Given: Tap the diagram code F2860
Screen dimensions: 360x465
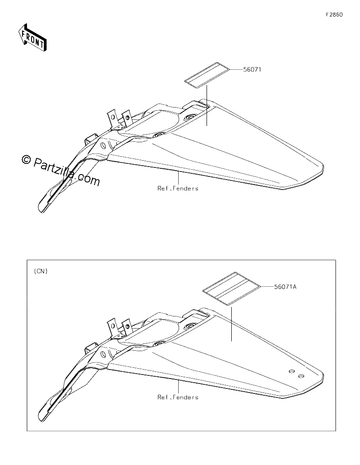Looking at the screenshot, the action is click(334, 14).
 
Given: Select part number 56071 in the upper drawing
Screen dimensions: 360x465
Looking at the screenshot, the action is click(252, 69).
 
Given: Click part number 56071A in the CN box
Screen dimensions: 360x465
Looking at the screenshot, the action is click(285, 287).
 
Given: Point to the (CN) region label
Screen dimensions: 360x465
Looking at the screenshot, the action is click(40, 271).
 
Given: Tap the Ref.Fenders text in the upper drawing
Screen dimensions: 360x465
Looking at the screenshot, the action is click(178, 188).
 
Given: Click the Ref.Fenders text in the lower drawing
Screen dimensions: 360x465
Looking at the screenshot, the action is click(178, 397).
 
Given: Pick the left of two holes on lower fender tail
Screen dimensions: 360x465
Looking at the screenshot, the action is click(292, 371).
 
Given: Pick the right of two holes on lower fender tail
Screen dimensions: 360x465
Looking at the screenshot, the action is click(301, 376).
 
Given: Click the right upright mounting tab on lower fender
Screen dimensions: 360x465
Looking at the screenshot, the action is click(126, 327).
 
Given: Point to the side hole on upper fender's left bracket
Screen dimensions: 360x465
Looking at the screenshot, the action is click(103, 145).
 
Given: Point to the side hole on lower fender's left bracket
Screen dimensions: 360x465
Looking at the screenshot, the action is click(103, 354).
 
